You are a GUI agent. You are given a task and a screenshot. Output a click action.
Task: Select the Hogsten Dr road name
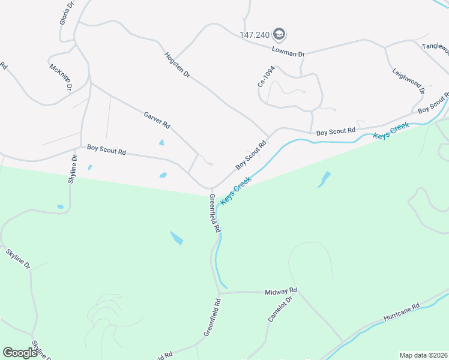click(178, 65)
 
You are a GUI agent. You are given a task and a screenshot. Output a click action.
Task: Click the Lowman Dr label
click(288, 53)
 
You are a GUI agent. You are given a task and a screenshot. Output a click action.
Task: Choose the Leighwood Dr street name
click(409, 80)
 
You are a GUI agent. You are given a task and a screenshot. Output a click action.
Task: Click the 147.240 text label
click(255, 34)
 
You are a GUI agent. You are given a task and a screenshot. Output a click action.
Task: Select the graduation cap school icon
click(279, 34)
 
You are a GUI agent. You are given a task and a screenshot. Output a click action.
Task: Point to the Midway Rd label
click(282, 291)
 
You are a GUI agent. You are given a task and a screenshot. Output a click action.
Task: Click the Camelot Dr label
click(280, 309)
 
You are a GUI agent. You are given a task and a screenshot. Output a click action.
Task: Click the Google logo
click(20, 353)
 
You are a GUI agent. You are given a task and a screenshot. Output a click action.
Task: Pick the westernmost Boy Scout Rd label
click(106, 150)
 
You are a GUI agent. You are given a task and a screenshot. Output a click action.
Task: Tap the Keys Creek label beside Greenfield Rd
click(236, 191)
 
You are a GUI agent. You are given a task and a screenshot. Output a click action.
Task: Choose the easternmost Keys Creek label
click(391, 131)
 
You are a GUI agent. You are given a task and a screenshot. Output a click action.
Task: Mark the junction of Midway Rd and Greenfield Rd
click(221, 293)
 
